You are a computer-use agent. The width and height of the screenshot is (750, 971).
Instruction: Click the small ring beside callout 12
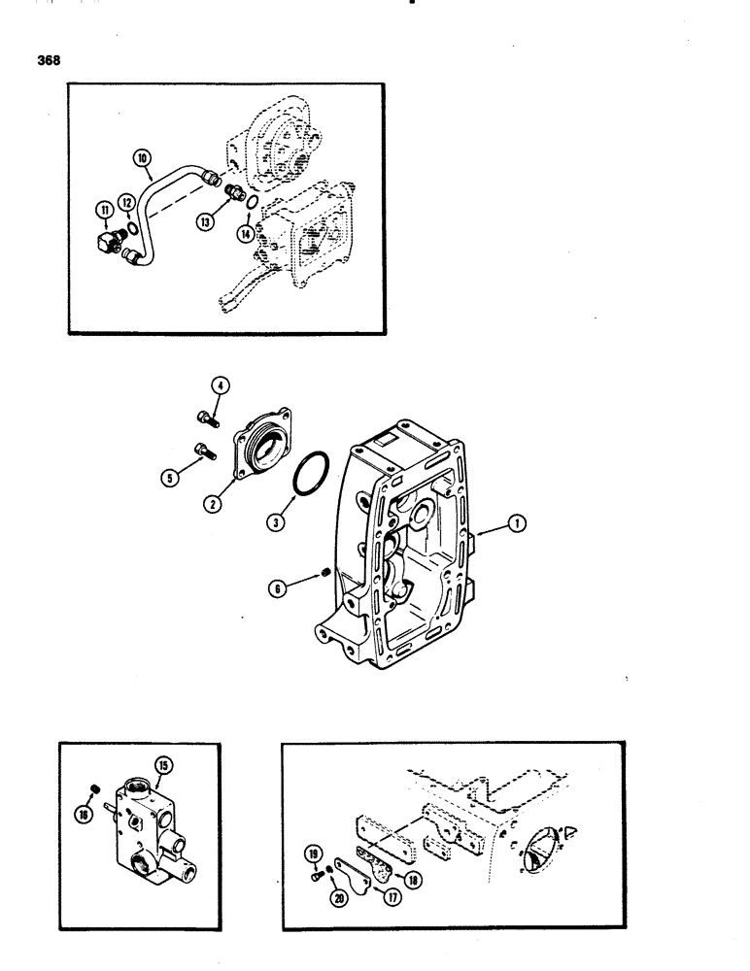(131, 227)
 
